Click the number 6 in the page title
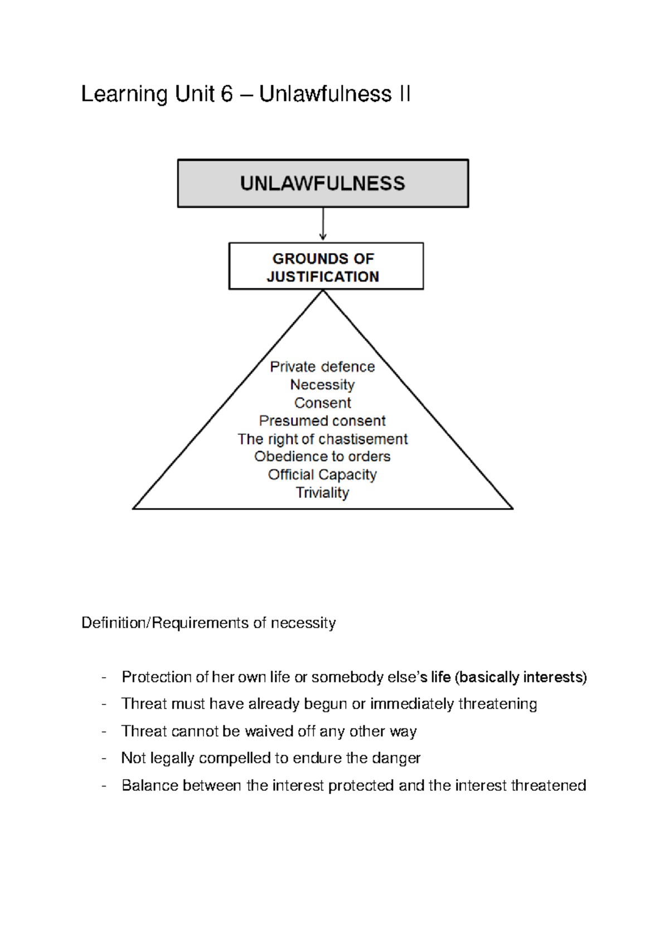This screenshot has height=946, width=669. tap(226, 94)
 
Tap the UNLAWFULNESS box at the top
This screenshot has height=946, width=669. tap(323, 184)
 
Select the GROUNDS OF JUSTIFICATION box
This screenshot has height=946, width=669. tap(326, 267)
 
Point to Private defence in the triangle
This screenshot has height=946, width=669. tap(322, 366)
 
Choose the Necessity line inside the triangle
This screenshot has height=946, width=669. tap(322, 385)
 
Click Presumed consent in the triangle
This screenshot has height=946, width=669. tap(322, 421)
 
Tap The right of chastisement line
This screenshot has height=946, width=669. tap(322, 439)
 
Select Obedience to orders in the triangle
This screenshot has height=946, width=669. tap(322, 456)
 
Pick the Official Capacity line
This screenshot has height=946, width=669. tap(322, 475)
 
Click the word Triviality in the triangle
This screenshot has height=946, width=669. tap(322, 493)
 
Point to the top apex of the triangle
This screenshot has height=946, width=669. tap(323, 292)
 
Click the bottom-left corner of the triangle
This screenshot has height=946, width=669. tap(134, 508)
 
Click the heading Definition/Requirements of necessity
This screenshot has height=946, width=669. tap(209, 622)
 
